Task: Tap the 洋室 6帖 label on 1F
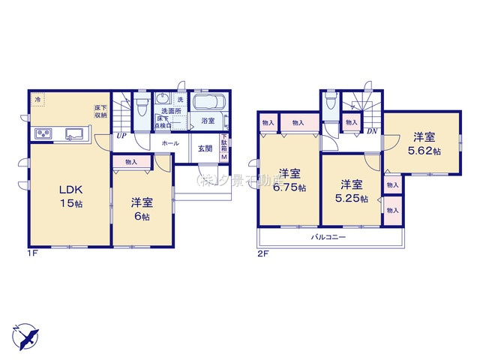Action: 141,208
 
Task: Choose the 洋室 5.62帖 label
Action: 424,144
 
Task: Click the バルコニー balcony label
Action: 328,238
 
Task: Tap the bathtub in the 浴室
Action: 205,103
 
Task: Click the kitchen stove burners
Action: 43,134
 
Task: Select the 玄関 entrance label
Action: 205,147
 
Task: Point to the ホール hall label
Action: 169,142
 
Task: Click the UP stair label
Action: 121,136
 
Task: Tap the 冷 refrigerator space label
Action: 36,98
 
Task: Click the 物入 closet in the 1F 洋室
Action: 131,161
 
